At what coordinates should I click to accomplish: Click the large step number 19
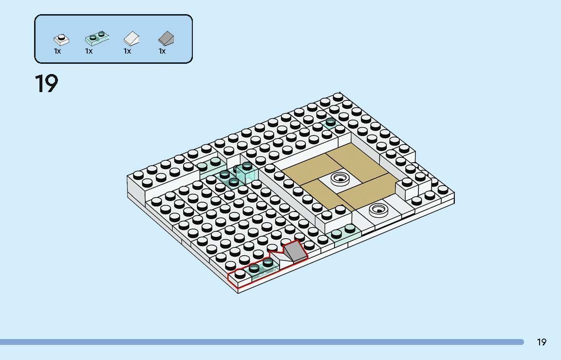46,84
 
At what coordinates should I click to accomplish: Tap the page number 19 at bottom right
542,342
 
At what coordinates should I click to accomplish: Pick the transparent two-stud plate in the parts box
97,37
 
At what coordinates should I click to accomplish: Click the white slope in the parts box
131,38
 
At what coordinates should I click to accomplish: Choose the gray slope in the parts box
167,38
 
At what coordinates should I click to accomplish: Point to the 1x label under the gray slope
162,51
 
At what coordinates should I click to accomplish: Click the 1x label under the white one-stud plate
57,51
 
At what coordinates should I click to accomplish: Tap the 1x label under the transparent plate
89,51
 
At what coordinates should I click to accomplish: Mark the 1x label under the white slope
128,51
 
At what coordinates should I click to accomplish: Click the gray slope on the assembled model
295,251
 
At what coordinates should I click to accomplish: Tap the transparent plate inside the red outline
261,268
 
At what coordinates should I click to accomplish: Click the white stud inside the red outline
240,274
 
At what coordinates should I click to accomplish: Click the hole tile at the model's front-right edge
378,209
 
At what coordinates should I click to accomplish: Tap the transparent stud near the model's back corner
330,122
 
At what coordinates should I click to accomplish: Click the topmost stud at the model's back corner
338,96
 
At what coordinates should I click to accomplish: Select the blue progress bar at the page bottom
262,342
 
